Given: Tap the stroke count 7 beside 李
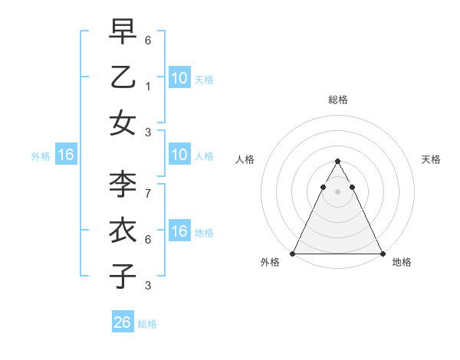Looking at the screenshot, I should point(148,194).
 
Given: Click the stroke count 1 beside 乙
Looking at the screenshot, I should point(148,87).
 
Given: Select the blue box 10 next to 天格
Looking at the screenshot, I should point(179,77).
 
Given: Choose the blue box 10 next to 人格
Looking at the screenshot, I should point(179,155).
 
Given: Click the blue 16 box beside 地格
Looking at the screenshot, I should point(179,231).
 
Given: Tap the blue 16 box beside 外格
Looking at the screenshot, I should point(65,155).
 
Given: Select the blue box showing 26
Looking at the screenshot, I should point(123,322).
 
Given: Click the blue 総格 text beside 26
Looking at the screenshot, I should point(147,324).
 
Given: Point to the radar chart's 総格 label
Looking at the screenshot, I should point(338,100).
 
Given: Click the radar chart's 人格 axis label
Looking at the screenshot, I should point(245,159).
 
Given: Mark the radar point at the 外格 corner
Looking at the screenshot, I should point(293,253).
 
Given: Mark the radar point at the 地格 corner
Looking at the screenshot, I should point(382,253).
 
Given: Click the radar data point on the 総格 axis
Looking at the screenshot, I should point(337,162).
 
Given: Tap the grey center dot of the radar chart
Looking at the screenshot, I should point(337,191).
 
